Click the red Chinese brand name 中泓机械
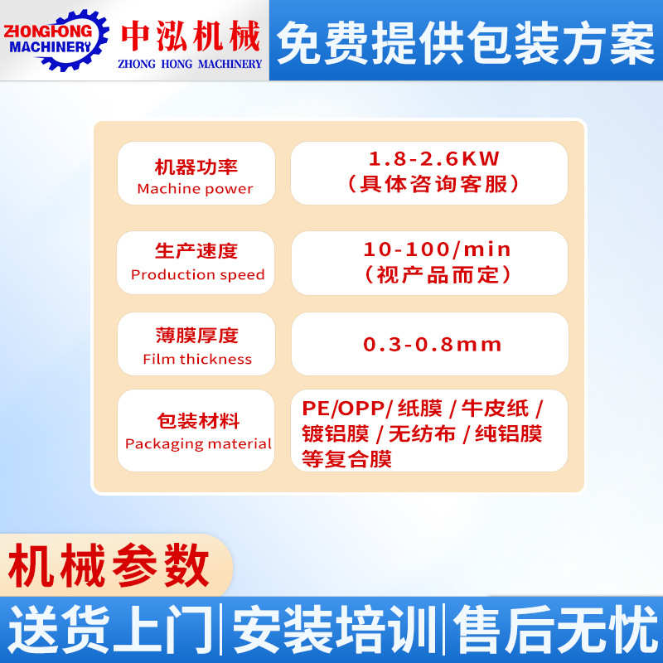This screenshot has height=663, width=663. (191, 35)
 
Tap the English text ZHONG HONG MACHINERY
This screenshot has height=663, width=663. (191, 64)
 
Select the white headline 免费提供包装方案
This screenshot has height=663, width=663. (465, 41)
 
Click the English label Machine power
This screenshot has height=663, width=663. (196, 189)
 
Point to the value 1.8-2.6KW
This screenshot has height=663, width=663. (434, 157)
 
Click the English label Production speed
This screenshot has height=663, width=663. (197, 275)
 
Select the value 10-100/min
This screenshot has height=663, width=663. (437, 249)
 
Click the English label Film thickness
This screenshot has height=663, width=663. (197, 360)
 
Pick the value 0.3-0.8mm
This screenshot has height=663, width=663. (433, 344)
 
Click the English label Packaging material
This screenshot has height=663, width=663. (198, 444)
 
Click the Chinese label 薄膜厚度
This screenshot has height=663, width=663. (196, 336)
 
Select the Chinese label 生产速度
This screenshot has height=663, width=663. (196, 250)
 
